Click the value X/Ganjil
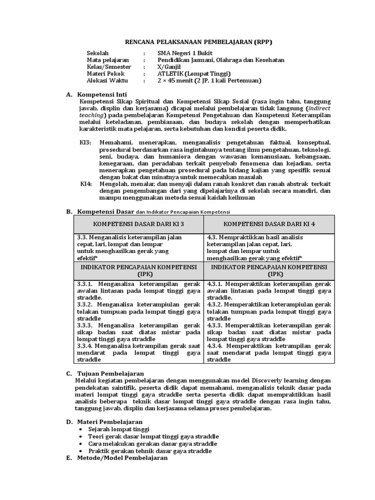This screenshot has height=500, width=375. pos(169,67)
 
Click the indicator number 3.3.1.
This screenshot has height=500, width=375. pos(85,283)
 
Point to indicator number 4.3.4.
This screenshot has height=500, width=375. pos(216,345)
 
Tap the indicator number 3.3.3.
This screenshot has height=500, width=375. pos(85,325)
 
